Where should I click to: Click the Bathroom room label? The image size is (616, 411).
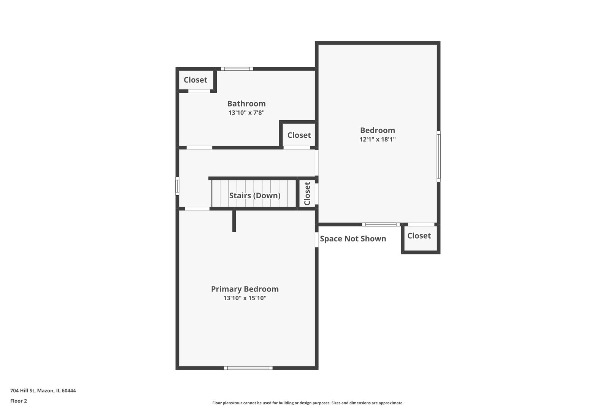pos(246,104)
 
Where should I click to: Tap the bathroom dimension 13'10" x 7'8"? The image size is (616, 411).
pos(246,113)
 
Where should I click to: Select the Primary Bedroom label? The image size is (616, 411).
pos(245,289)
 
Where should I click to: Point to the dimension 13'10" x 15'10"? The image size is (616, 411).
pos(245,298)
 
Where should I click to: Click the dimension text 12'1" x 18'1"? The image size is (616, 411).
pos(378,139)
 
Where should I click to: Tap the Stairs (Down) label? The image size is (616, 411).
pos(255,195)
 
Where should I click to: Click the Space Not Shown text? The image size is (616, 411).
pos(353,239)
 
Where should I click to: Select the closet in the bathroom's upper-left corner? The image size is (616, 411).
pos(195,80)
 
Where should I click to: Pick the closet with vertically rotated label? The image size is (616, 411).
pos(307,194)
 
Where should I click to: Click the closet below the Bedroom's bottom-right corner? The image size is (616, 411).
pos(419,236)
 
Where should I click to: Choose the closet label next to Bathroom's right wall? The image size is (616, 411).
pos(299,135)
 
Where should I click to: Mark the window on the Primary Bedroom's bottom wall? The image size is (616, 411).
pos(248,368)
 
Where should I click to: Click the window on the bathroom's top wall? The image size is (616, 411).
pos(237,69)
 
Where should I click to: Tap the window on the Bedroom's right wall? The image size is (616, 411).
pos(438,156)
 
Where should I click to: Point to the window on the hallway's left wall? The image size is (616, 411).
pos(177,186)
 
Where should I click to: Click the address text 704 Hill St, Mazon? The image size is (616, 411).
pos(43,390)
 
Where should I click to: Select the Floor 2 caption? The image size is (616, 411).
pos(19,401)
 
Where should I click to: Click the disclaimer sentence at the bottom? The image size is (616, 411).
pos(308,403)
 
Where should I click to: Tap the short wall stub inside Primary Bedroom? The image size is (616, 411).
pos(234,221)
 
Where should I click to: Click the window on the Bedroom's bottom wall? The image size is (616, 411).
pos(381,225)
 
